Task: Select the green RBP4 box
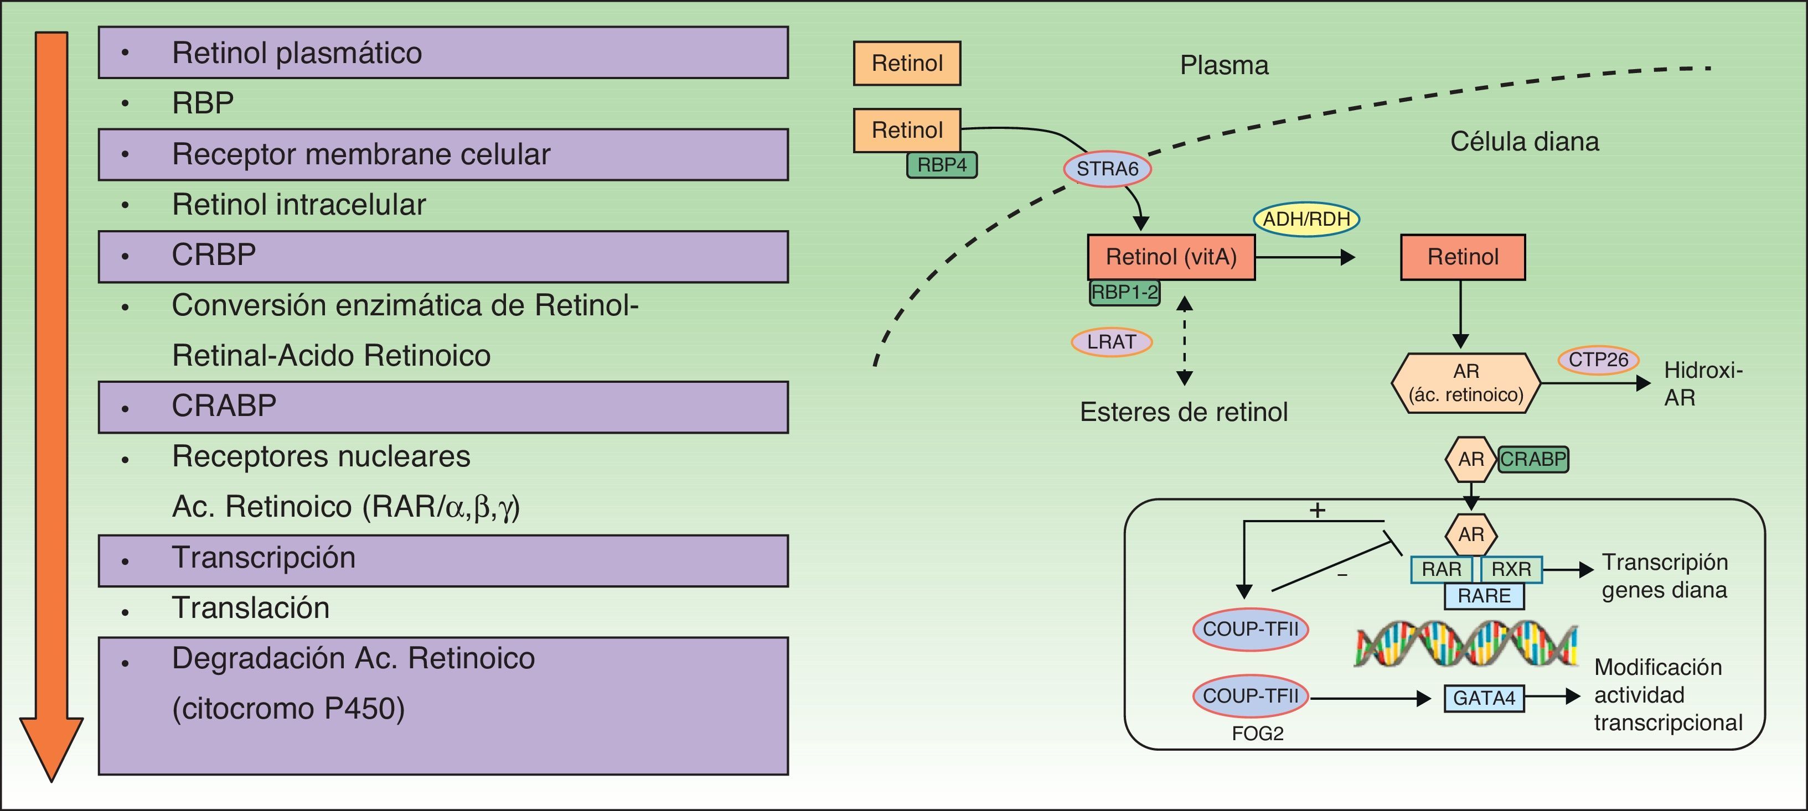[941, 165]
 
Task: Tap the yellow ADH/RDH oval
[1306, 219]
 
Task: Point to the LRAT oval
[1111, 342]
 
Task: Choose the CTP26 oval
[1598, 360]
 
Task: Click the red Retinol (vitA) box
[1171, 257]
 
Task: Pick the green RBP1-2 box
[1124, 292]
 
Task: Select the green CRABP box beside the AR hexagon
[1533, 460]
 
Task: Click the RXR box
[1511, 569]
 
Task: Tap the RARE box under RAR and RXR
[1484, 596]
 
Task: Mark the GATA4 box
[1484, 698]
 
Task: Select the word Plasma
[1224, 65]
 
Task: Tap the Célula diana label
[1525, 142]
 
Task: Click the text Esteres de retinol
[1184, 412]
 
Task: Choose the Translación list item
[251, 607]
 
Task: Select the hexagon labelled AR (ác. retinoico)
[1465, 382]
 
